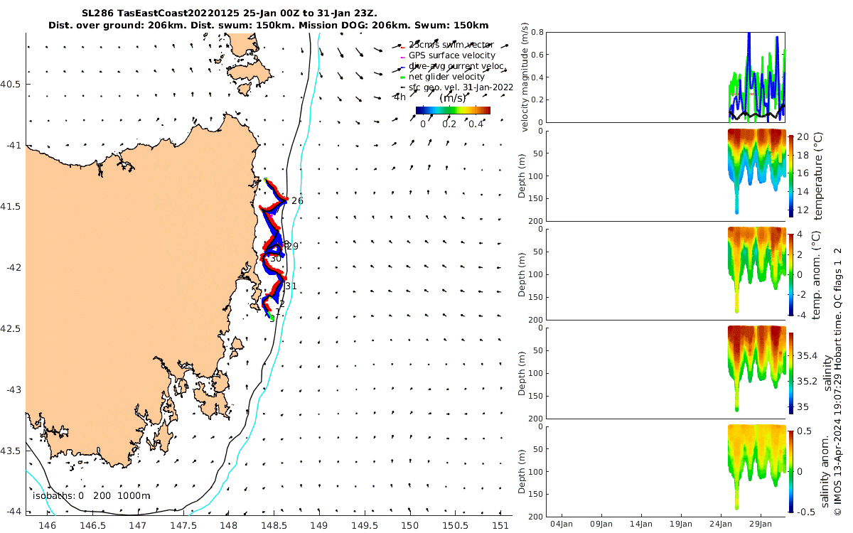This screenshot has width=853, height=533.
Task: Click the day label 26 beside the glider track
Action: [297, 201]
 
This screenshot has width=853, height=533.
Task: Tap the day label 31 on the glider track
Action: [291, 286]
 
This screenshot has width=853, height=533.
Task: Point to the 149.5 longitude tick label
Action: [364, 525]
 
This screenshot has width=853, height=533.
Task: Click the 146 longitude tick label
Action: [47, 525]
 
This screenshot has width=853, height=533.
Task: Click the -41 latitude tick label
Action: [14, 145]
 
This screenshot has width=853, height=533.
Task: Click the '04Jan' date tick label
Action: [562, 524]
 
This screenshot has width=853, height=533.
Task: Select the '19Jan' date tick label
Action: [681, 524]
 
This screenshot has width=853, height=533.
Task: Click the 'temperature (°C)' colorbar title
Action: [817, 176]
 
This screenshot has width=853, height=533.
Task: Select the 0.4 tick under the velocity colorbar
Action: [476, 124]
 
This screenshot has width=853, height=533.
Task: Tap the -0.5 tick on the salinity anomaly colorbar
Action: [804, 512]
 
